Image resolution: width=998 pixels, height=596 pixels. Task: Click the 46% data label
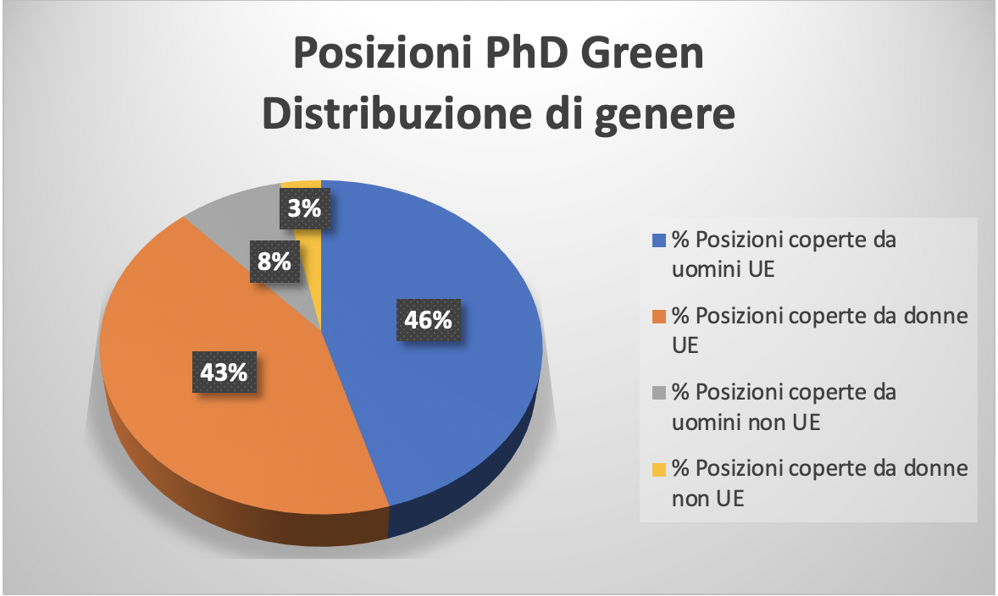pyautogui.click(x=429, y=319)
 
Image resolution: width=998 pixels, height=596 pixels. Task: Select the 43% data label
pyautogui.click(x=224, y=372)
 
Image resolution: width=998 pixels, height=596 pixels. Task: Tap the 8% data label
pyautogui.click(x=274, y=261)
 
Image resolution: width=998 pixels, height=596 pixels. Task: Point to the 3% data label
pyautogui.click(x=305, y=208)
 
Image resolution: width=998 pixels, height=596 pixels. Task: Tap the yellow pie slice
pyautogui.click(x=311, y=255)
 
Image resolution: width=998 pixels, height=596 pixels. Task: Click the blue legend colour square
pyautogui.click(x=659, y=240)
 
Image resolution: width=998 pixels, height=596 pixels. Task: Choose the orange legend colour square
pyautogui.click(x=659, y=317)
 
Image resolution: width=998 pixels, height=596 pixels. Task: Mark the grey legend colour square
pyautogui.click(x=659, y=393)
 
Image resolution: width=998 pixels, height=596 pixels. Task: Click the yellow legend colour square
pyautogui.click(x=659, y=469)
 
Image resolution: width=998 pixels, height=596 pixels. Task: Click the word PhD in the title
pyautogui.click(x=526, y=52)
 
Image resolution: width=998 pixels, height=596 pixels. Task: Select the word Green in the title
pyautogui.click(x=642, y=52)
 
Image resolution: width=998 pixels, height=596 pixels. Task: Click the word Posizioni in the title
pyautogui.click(x=383, y=52)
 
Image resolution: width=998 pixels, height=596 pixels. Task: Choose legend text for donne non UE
pyautogui.click(x=820, y=483)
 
